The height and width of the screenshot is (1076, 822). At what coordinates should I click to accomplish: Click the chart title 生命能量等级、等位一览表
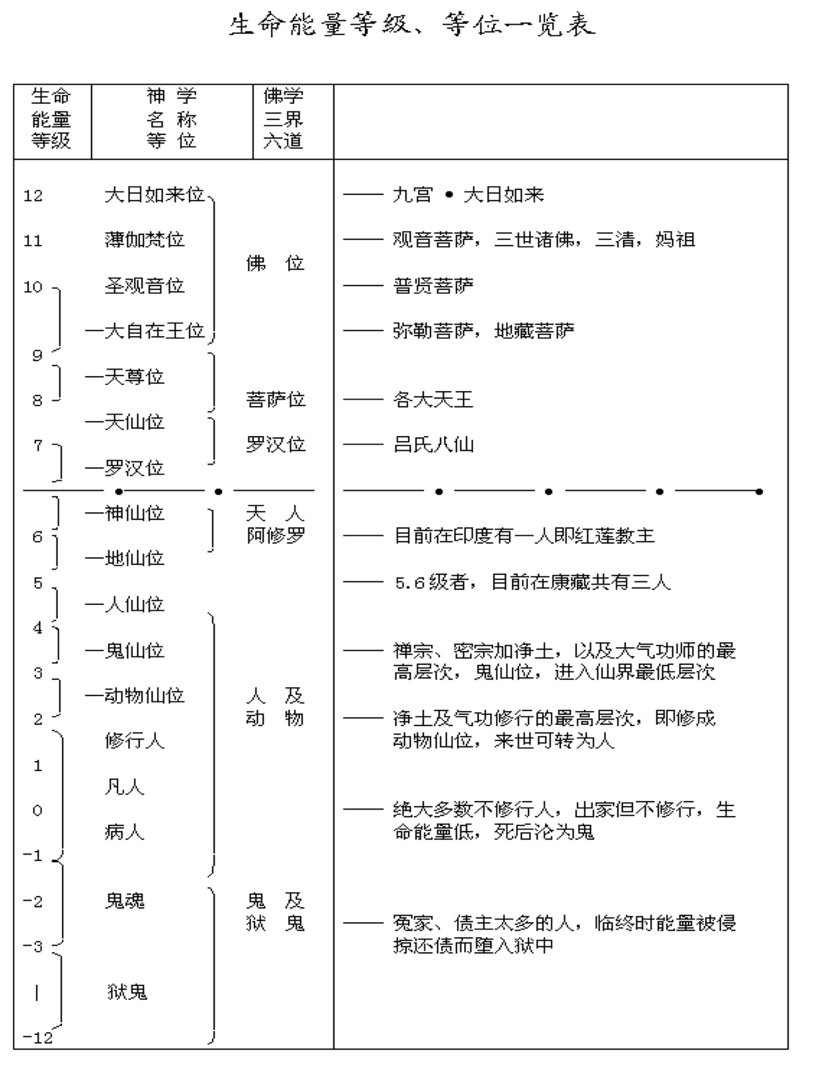[x=412, y=25]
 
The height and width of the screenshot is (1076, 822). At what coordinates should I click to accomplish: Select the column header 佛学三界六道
[x=283, y=119]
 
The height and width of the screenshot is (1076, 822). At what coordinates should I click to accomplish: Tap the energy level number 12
[x=33, y=196]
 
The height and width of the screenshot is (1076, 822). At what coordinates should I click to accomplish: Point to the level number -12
[x=38, y=1037]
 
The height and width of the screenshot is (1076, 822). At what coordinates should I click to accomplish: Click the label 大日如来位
[x=154, y=195]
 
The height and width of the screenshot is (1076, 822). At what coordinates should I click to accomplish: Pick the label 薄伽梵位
[x=144, y=240]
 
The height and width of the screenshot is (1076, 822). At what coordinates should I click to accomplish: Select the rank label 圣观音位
[x=144, y=285]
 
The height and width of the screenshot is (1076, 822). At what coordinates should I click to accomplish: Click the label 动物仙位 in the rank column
[x=144, y=696]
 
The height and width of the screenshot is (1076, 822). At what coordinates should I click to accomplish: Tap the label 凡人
[x=124, y=787]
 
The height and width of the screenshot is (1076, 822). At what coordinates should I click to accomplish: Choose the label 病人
[x=124, y=832]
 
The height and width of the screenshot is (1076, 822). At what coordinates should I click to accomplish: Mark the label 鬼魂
[x=125, y=901]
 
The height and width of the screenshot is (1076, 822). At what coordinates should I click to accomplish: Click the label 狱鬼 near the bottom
[x=127, y=992]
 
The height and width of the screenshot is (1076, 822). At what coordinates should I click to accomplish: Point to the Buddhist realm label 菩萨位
[x=275, y=400]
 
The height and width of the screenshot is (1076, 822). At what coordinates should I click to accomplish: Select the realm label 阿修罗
[x=275, y=535]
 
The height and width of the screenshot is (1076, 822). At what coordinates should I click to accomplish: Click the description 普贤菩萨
[x=433, y=285]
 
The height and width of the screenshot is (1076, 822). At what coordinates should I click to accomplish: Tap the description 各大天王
[x=433, y=400]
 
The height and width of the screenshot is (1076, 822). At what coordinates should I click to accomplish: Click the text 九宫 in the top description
[x=412, y=195]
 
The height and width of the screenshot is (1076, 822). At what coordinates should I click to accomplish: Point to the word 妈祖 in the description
[x=675, y=240]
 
